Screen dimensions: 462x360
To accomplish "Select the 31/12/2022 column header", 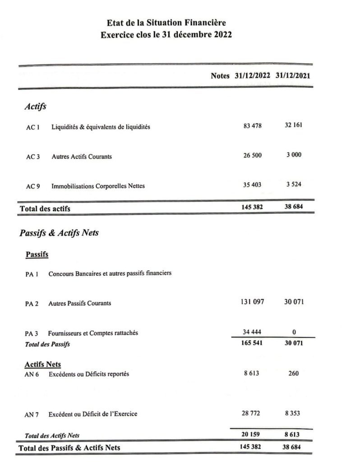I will point(253,76).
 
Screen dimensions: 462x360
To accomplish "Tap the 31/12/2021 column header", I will point(293,76).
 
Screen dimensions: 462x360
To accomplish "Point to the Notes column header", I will point(220,76).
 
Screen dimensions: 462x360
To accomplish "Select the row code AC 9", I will point(33,186).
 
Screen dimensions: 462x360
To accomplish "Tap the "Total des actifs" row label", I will point(45,208).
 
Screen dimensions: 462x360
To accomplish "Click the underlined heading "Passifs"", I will point(37,254).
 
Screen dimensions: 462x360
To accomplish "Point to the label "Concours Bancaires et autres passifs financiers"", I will point(110,273).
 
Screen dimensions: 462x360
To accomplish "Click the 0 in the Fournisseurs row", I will point(294,333).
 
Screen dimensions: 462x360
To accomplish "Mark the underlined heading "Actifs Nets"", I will point(43,364).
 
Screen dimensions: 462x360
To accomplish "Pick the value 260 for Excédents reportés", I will point(294,374).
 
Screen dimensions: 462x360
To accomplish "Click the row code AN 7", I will point(32,414).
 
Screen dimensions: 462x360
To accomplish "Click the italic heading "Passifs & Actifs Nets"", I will point(59,233).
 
